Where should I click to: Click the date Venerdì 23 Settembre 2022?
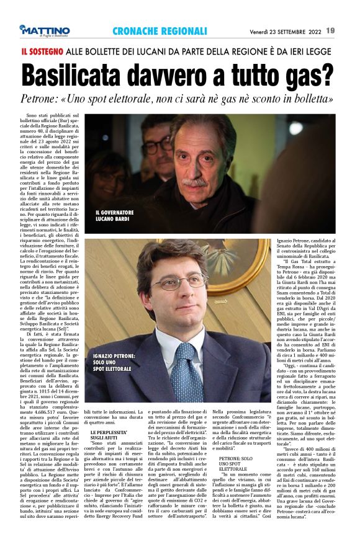click(285, 30)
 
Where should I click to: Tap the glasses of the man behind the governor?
click(159, 146)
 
